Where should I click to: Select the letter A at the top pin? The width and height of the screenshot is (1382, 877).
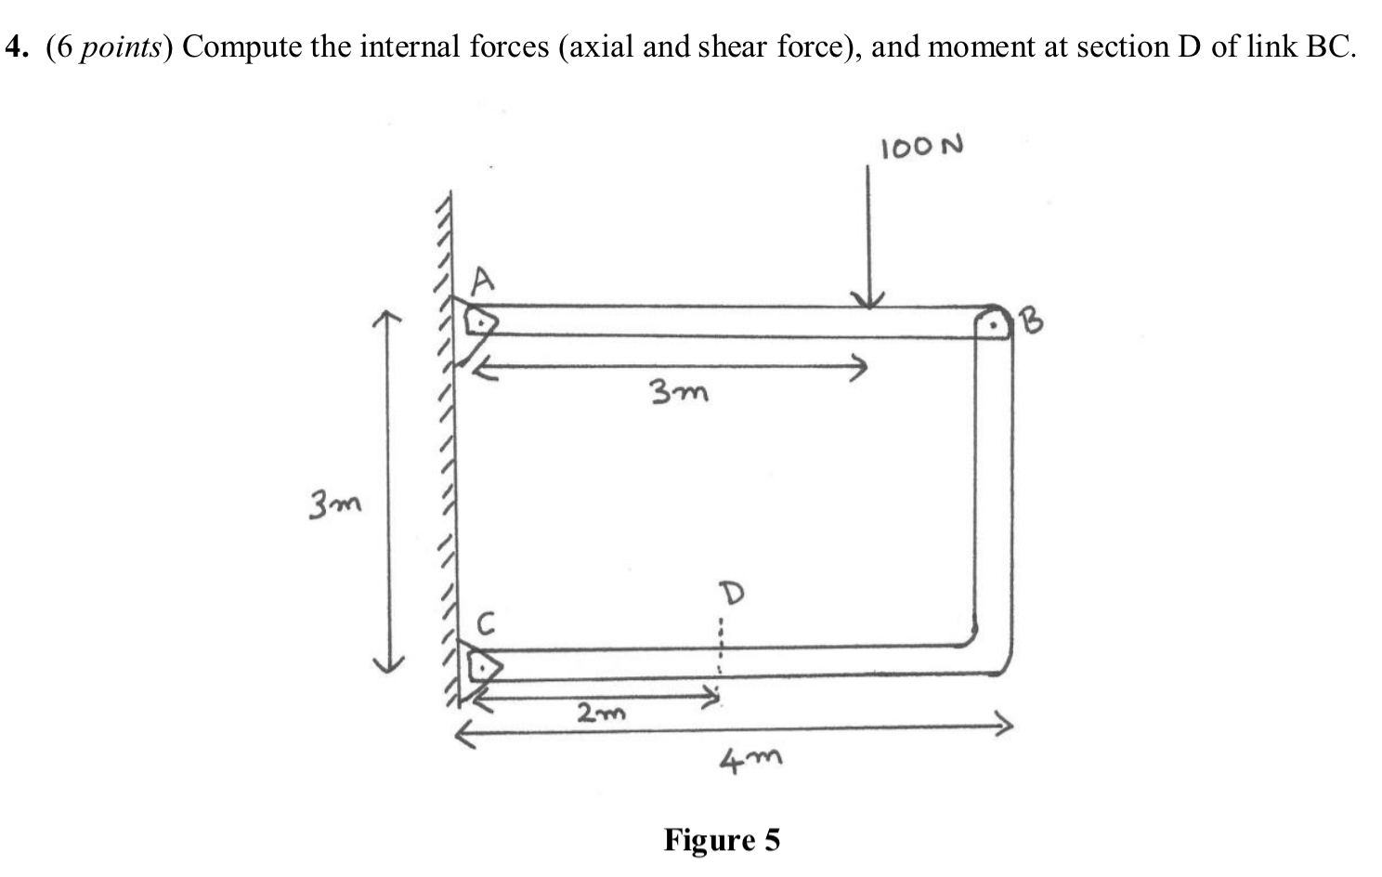[x=482, y=279]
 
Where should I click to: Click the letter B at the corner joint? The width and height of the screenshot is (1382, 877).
[x=1032, y=321]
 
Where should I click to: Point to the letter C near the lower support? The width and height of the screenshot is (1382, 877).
[x=485, y=622]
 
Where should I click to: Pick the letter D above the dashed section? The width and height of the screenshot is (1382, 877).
[x=733, y=593]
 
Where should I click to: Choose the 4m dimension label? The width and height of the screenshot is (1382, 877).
[x=750, y=761]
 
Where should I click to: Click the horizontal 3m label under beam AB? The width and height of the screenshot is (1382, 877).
[x=678, y=393]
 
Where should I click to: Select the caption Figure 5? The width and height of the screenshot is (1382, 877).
[x=722, y=840]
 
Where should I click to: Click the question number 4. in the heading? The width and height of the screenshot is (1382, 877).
[x=19, y=46]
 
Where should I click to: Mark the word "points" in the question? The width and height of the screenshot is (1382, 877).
[x=120, y=47]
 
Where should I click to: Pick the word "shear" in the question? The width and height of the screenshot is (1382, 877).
[x=733, y=46]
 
